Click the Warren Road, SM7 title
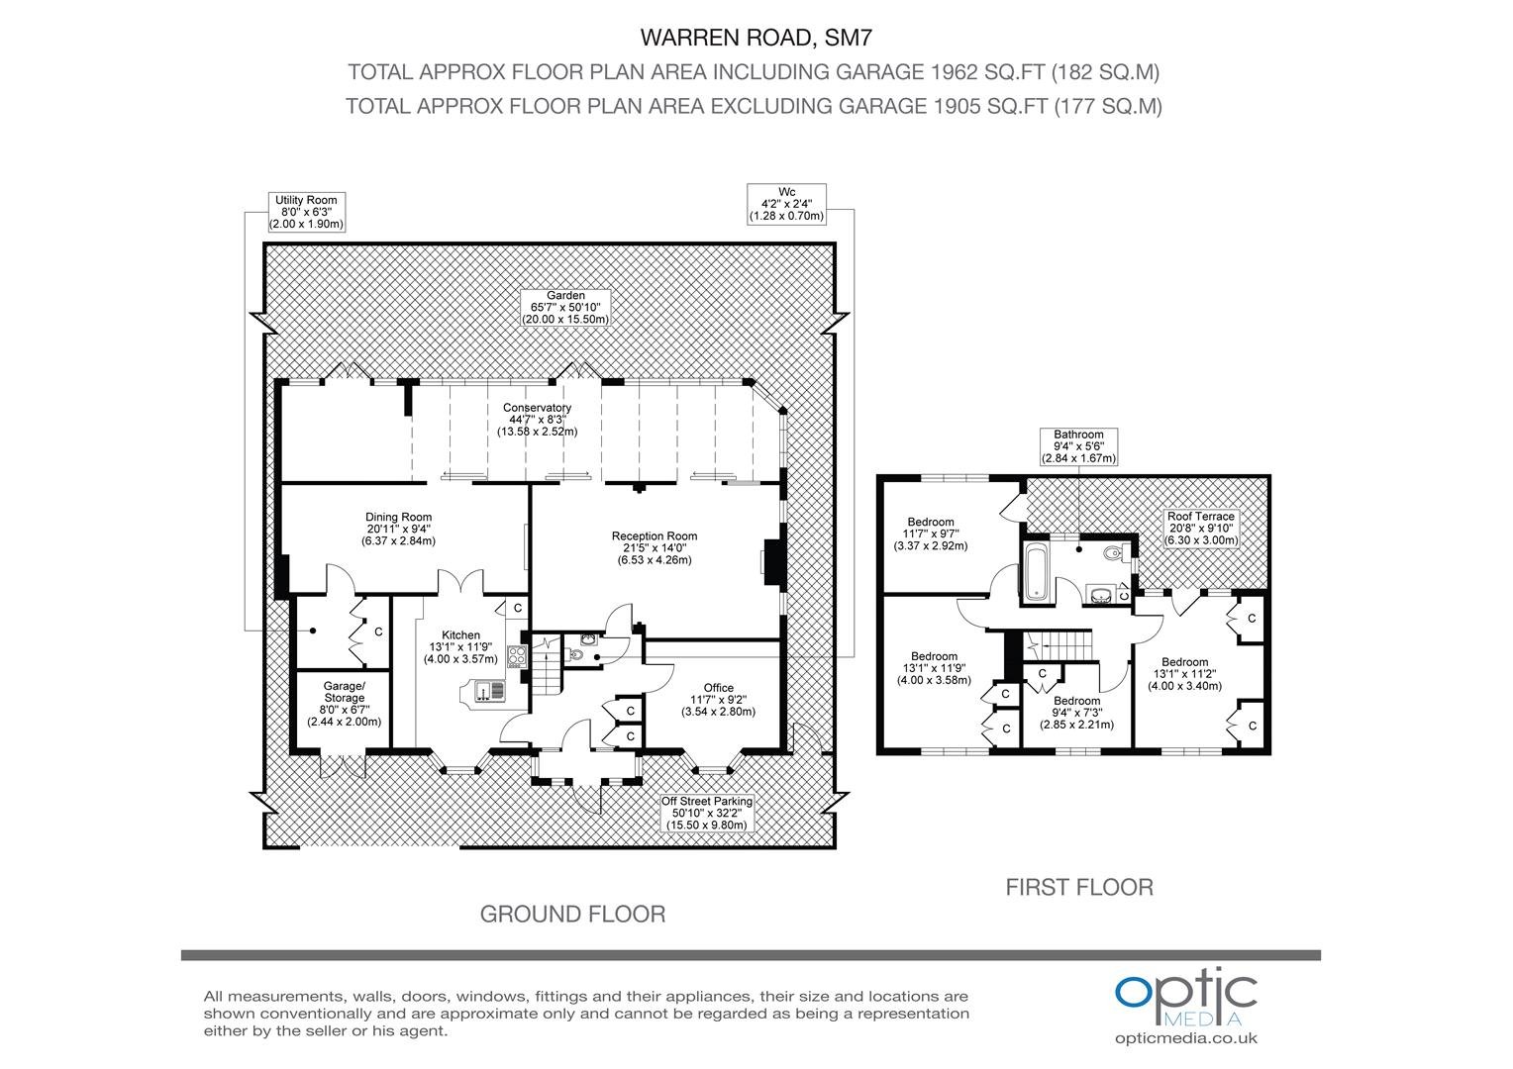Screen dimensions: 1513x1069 [756, 38]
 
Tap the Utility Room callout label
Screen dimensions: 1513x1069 [307, 212]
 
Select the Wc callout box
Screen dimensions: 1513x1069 [787, 204]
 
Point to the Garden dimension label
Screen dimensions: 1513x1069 [565, 307]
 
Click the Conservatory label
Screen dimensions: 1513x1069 [537, 420]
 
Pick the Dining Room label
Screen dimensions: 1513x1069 [398, 529]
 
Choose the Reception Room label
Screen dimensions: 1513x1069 [655, 547]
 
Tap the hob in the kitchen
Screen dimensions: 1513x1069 [517, 656]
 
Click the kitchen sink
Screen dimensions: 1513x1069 [490, 691]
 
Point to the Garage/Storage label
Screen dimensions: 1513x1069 [345, 704]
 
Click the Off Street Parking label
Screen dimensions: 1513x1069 [707, 813]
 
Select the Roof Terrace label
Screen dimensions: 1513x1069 [1201, 529]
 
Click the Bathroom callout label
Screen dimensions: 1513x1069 [1078, 446]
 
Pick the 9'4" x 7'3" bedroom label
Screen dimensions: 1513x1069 [1076, 713]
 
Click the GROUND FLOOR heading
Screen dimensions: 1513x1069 [572, 915]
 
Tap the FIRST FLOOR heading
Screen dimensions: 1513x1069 [1079, 887]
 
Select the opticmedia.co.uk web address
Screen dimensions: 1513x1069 [1186, 1038]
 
